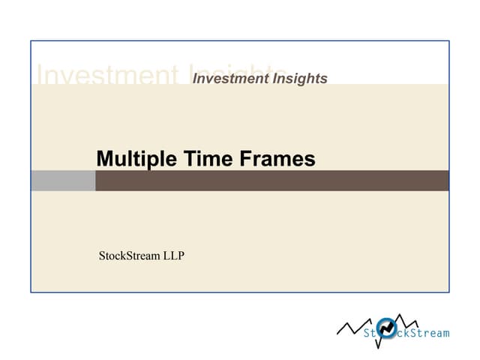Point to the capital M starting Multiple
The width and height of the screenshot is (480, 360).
(104, 159)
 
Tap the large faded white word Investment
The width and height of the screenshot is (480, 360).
(105, 75)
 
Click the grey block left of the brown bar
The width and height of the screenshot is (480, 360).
(63, 181)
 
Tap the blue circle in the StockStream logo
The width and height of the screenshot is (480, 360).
(387, 328)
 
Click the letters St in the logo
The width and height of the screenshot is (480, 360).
(370, 332)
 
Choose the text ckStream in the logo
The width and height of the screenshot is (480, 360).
(422, 332)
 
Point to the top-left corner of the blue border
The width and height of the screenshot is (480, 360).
(31, 41)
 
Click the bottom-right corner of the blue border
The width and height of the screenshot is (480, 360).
(448, 292)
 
